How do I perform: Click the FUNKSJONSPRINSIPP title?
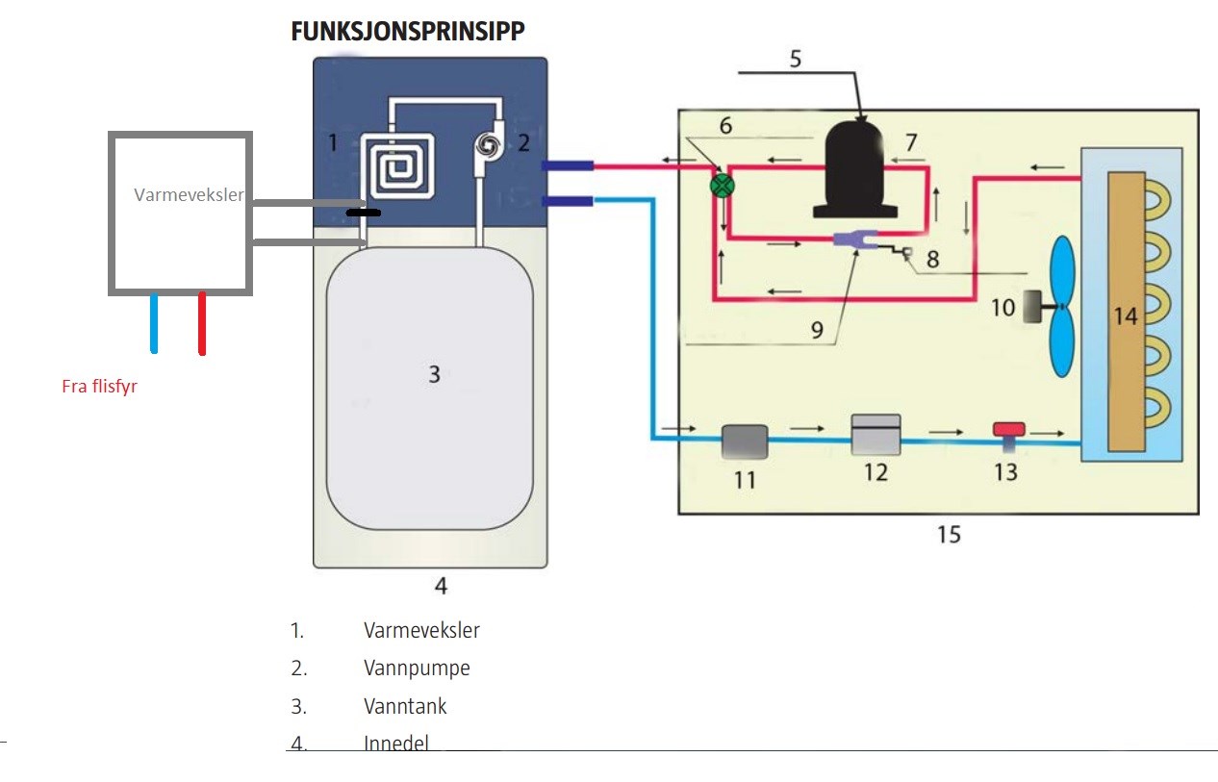[408, 31]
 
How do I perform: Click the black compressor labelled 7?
[857, 169]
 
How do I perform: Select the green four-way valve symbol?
[723, 185]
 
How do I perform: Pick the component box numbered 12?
[876, 434]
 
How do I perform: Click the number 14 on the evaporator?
[1126, 315]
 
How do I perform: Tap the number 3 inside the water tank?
[434, 374]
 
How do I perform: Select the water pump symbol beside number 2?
[487, 145]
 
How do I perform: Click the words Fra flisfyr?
[99, 388]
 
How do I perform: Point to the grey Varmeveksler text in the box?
[189, 195]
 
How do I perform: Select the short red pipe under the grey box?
[202, 324]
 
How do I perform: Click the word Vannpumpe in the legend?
[417, 668]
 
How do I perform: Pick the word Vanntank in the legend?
[405, 706]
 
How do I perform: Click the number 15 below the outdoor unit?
[949, 535]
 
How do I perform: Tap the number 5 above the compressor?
[795, 59]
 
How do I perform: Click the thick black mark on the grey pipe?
[363, 212]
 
